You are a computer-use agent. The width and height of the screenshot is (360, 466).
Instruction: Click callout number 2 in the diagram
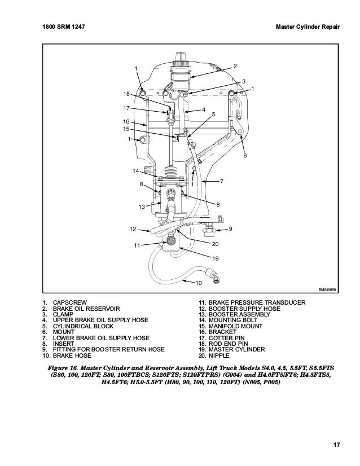[x=235, y=66]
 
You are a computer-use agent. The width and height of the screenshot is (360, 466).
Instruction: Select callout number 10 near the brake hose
[x=198, y=282]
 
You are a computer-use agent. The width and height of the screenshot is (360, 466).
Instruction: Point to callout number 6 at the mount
[x=245, y=155]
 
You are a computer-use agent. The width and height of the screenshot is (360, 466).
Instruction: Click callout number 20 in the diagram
[x=215, y=244]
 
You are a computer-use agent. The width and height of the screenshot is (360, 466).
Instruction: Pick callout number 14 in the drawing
[x=135, y=170]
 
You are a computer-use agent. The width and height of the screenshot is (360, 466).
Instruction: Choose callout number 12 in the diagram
[x=133, y=229]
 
